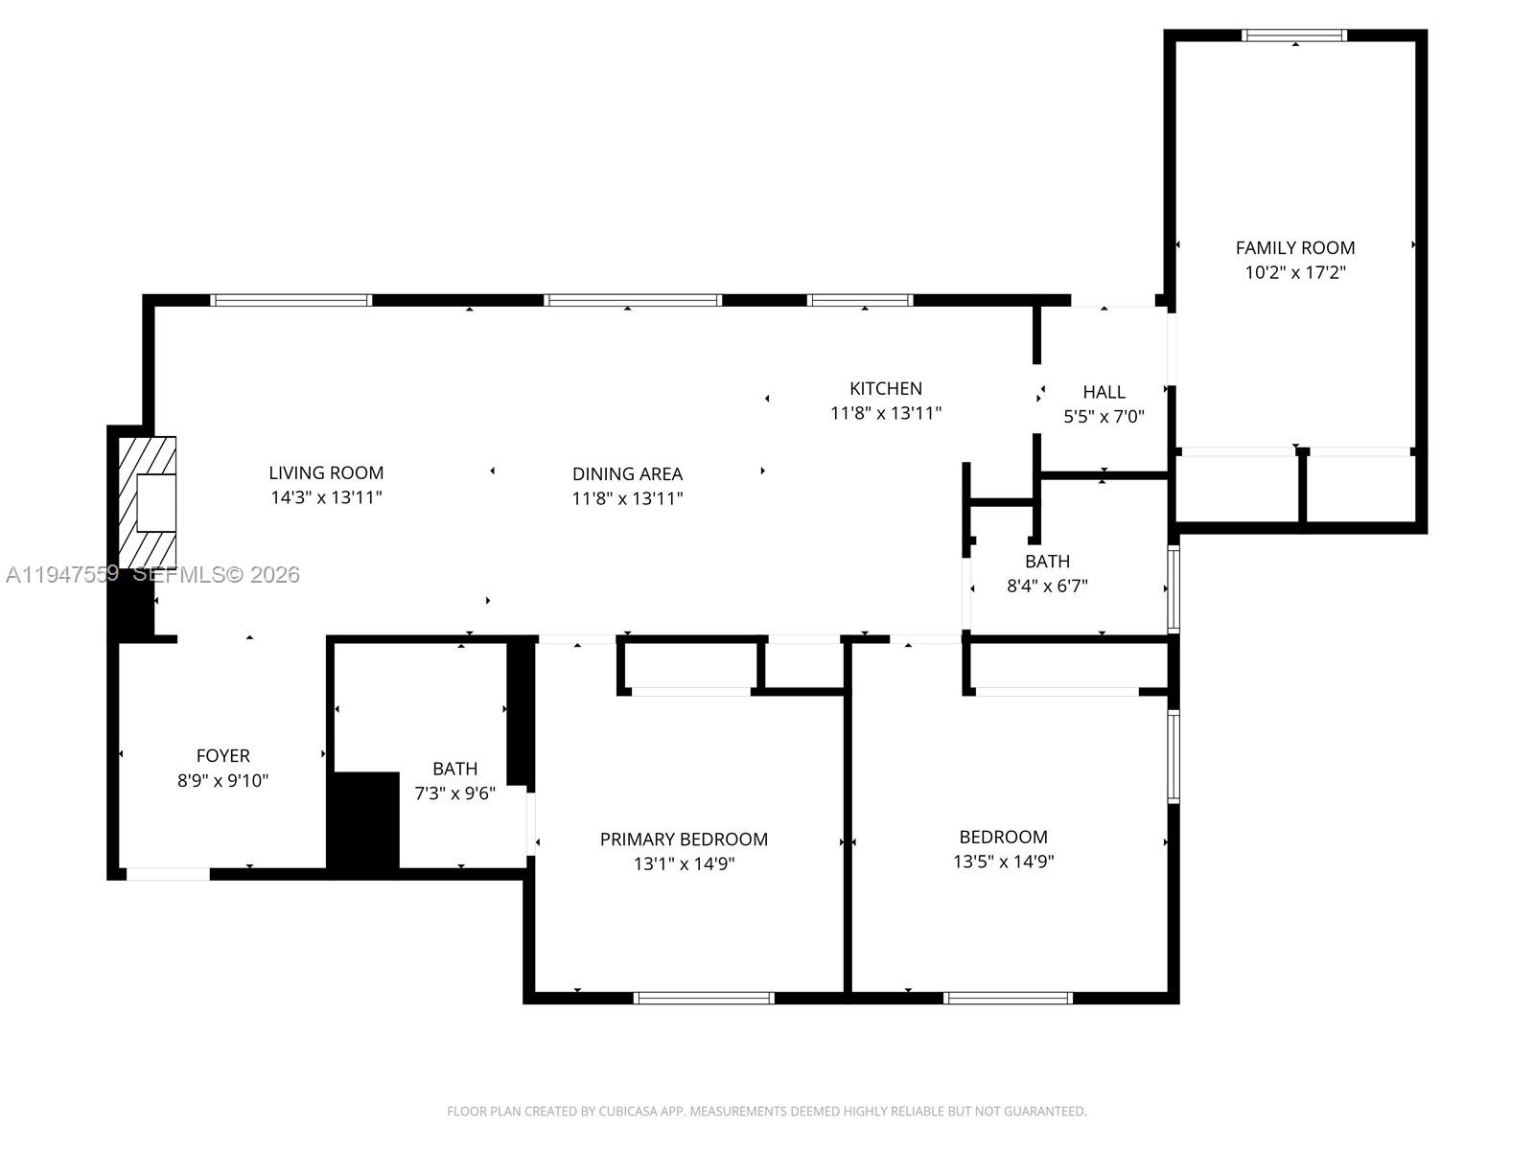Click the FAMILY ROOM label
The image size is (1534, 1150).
(1294, 247)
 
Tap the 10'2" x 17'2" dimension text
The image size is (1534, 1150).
(1294, 272)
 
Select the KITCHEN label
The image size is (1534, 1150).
(885, 388)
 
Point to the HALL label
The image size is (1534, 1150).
(1104, 392)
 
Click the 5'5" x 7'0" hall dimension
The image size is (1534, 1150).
(1104, 417)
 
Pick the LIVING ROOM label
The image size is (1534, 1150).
(326, 472)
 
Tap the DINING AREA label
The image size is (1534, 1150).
(627, 473)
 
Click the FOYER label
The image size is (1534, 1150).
(222, 756)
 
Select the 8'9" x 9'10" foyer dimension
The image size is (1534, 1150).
(222, 781)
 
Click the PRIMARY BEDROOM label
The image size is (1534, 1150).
(684, 839)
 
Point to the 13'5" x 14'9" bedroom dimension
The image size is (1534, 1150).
(1003, 862)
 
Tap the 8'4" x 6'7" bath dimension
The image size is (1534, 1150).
(1047, 586)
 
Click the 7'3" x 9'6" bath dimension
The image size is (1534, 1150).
(454, 793)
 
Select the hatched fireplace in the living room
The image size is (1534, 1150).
(147, 502)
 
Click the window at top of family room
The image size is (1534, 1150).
(1293, 35)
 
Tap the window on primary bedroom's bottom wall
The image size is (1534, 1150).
(704, 998)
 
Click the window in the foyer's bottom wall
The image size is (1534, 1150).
(168, 873)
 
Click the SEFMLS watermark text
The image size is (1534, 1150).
(216, 574)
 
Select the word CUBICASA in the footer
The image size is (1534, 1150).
(636, 1112)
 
